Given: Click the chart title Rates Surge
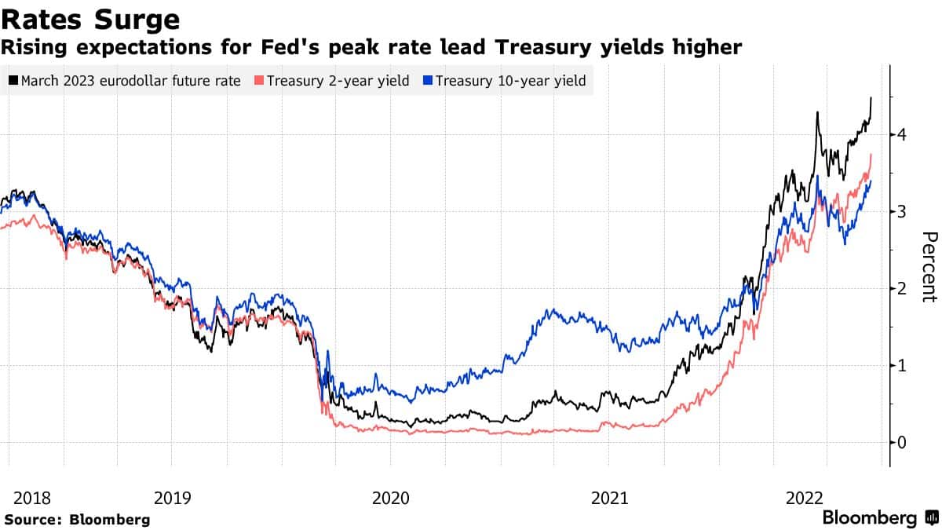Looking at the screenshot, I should pyautogui.click(x=90, y=19).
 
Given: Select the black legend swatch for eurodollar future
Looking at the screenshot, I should pyautogui.click(x=13, y=81).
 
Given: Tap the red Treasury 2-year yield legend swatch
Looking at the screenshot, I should pyautogui.click(x=260, y=81).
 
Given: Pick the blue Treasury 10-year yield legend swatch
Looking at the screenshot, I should pyautogui.click(x=428, y=81).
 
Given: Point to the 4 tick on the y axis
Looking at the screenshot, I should pyautogui.click(x=903, y=135).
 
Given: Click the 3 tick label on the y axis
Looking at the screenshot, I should pyautogui.click(x=903, y=212).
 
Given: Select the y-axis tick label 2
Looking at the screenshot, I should pyautogui.click(x=903, y=289).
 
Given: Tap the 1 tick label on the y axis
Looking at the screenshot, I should pyautogui.click(x=903, y=366).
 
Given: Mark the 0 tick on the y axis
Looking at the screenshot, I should pyautogui.click(x=903, y=443).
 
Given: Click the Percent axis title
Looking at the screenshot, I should pyautogui.click(x=929, y=267).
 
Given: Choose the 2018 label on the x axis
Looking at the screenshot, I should pyautogui.click(x=32, y=498).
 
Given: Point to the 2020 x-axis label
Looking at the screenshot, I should pyautogui.click(x=391, y=498).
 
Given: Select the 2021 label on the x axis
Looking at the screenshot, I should pyautogui.click(x=609, y=498).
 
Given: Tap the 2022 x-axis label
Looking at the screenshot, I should pyautogui.click(x=805, y=498).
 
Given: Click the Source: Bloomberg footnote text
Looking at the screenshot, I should pyautogui.click(x=77, y=519).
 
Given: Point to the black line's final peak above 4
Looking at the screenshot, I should pyautogui.click(x=871, y=98).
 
